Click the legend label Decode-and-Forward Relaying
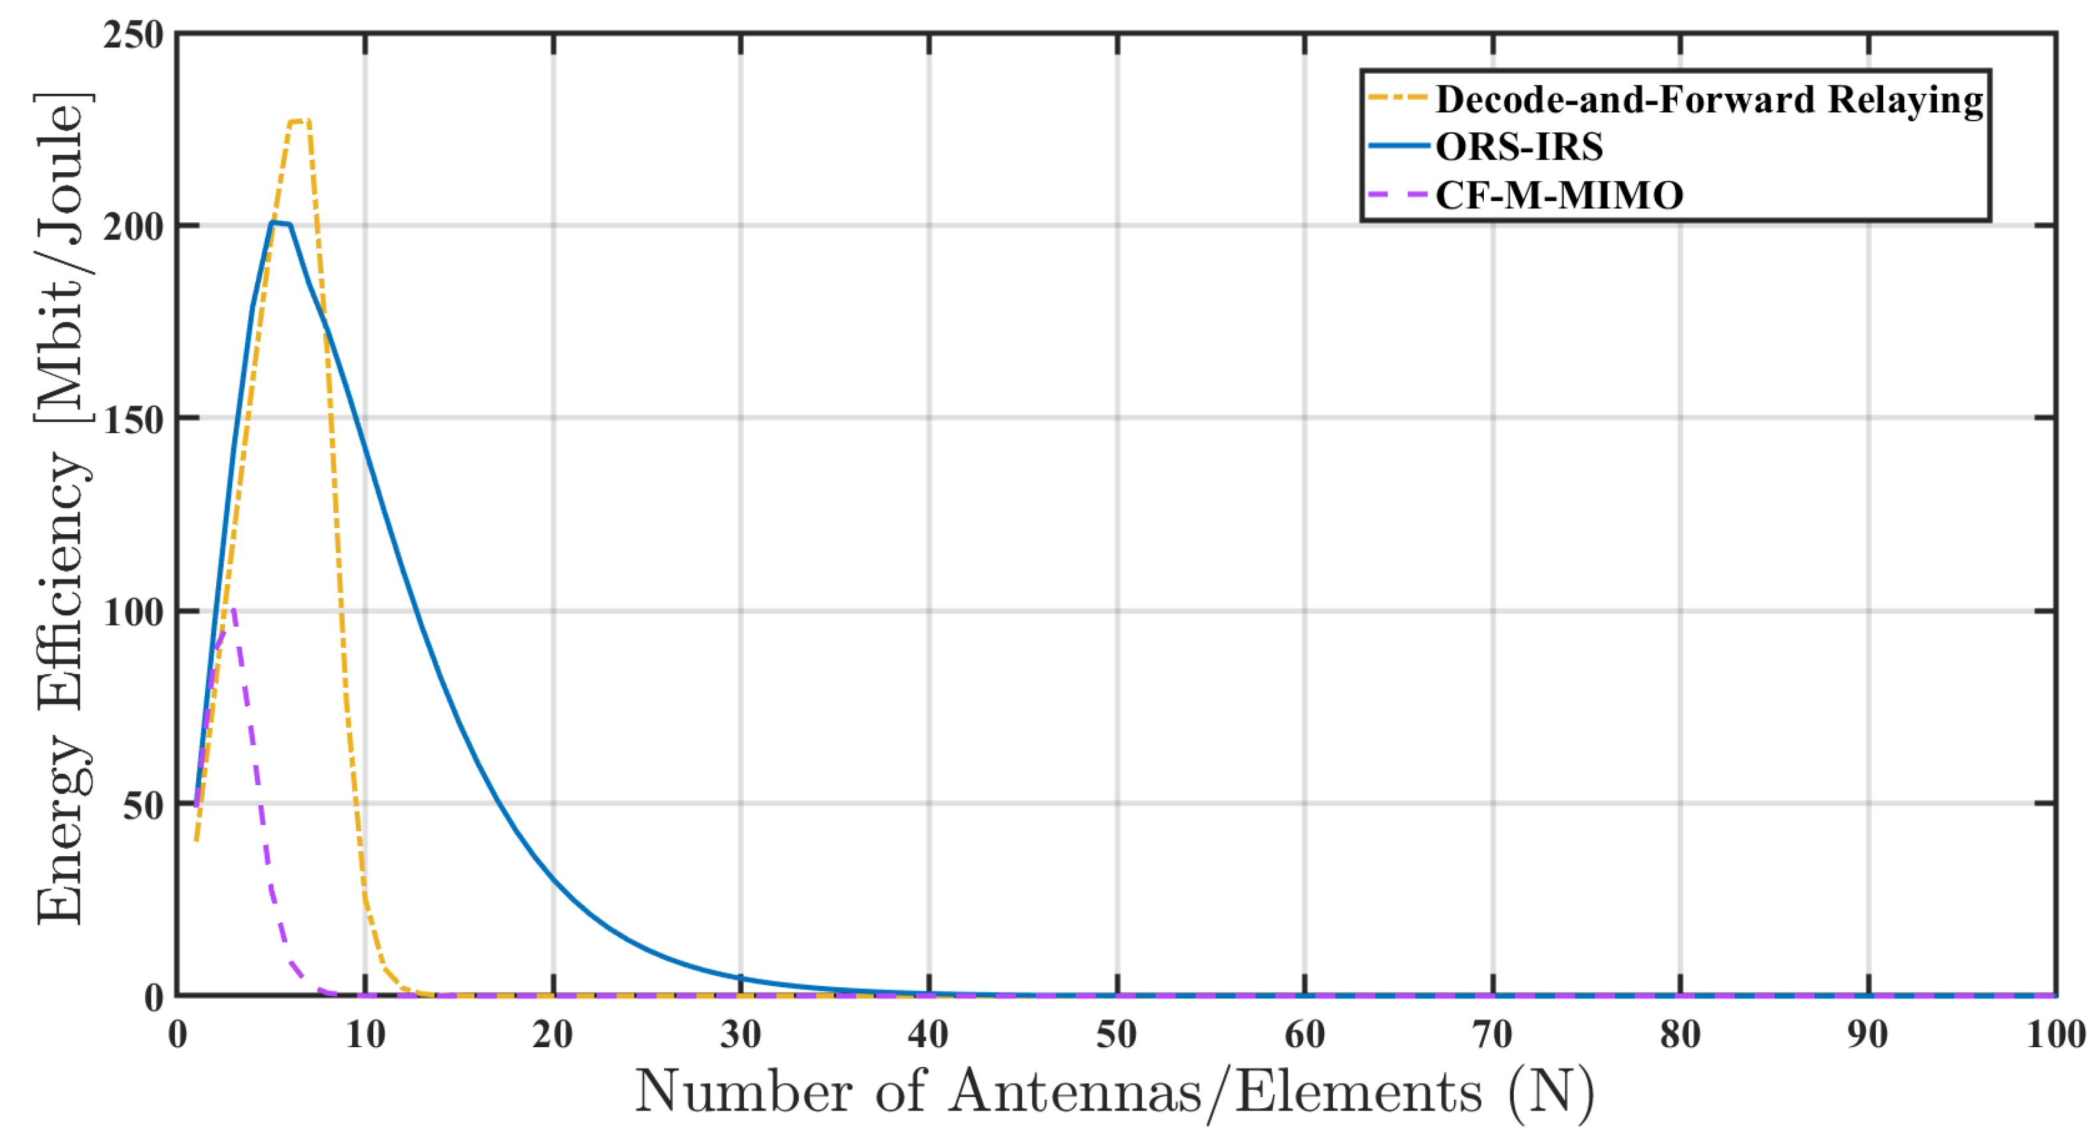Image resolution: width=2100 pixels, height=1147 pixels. coord(1709,99)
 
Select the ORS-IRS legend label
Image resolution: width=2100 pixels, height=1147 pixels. coord(1518,147)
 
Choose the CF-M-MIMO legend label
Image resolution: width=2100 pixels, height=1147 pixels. coord(1558,195)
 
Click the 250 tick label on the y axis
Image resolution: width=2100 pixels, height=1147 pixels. coord(133,35)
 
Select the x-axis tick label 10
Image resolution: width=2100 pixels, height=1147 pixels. coord(365,1035)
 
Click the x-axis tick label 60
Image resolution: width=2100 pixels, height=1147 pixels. coord(1304,1035)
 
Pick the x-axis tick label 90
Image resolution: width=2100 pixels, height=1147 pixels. coord(1868,1035)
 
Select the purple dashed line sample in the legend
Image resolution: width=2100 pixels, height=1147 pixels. coord(1397,195)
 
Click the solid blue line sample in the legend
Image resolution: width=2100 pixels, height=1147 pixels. coord(1397,147)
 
